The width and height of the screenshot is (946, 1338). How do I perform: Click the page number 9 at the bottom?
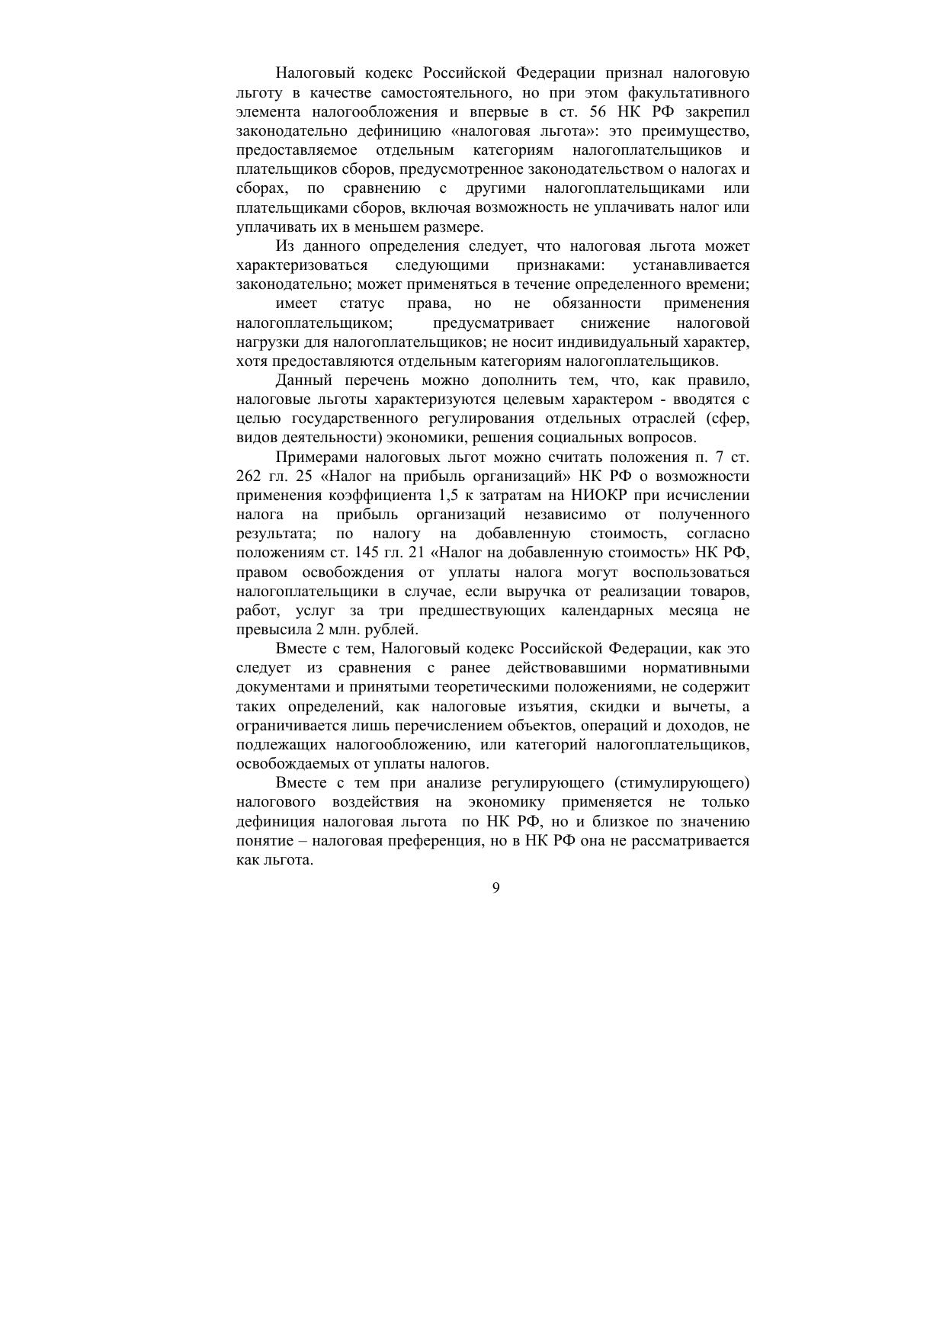tap(496, 887)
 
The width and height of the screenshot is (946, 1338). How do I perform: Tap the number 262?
tap(250, 476)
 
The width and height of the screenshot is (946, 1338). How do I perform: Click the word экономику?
tap(501, 802)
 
